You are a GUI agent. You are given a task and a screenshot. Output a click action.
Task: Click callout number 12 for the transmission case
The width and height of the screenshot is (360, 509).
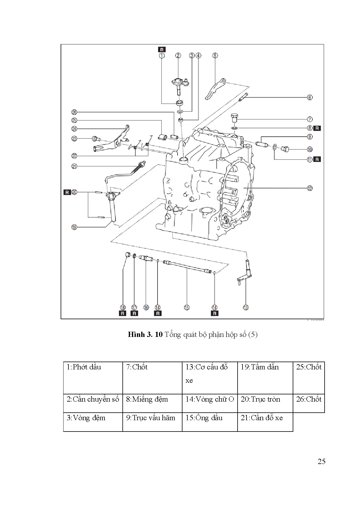click(x=310, y=188)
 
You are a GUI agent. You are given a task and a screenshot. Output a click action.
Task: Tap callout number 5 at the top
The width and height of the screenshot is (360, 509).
click(x=215, y=55)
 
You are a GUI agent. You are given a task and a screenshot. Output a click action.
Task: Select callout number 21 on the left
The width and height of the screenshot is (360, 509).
click(x=75, y=167)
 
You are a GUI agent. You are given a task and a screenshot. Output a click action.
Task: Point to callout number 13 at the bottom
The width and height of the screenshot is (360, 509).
click(x=246, y=308)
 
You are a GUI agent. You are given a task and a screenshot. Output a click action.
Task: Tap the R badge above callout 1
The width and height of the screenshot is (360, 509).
click(x=162, y=49)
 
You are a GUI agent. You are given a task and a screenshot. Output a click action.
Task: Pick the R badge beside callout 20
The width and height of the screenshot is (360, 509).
click(x=67, y=192)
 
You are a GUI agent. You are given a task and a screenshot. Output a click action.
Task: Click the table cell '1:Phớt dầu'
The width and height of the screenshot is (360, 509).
click(x=93, y=378)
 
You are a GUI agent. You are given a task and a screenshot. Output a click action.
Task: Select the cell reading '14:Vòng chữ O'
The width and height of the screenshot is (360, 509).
click(x=210, y=403)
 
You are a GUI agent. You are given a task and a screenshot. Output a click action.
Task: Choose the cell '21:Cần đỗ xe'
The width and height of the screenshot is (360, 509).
click(x=265, y=422)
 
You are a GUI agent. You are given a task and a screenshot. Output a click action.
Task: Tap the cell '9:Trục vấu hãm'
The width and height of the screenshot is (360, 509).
click(x=152, y=422)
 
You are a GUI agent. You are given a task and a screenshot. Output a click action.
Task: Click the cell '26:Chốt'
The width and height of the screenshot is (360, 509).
click(x=309, y=403)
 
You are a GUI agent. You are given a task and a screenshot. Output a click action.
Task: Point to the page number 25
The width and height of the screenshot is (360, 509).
click(x=322, y=462)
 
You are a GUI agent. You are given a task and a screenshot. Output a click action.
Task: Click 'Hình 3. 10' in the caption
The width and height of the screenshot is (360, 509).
click(x=145, y=335)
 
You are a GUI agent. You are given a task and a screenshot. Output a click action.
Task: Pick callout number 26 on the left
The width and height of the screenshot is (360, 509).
click(x=75, y=112)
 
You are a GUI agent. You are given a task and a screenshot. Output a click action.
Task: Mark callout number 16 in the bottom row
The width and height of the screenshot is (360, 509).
click(x=146, y=308)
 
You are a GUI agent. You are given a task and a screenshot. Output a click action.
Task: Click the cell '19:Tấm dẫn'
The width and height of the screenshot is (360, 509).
click(x=265, y=378)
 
